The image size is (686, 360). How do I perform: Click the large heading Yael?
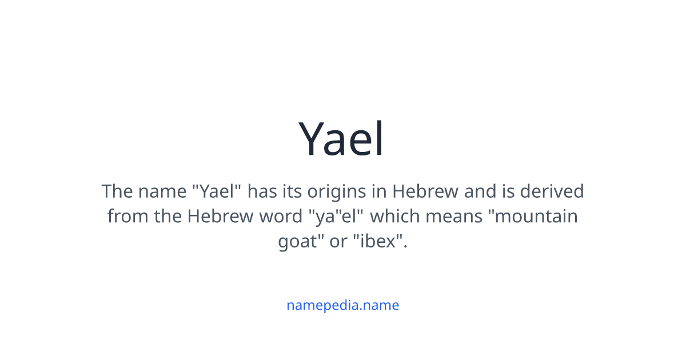(x=342, y=139)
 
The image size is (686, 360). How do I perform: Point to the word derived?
(x=552, y=191)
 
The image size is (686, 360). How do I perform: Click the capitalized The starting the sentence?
(x=117, y=191)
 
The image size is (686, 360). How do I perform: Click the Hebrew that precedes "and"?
(x=425, y=191)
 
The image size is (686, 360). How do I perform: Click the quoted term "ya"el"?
(x=337, y=217)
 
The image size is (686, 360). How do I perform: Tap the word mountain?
(x=536, y=217)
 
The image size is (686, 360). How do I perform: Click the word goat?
(x=297, y=242)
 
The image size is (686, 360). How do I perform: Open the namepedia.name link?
(x=342, y=305)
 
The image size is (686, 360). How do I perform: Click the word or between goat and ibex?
(x=338, y=242)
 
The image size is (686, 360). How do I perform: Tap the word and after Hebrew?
(x=480, y=191)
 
